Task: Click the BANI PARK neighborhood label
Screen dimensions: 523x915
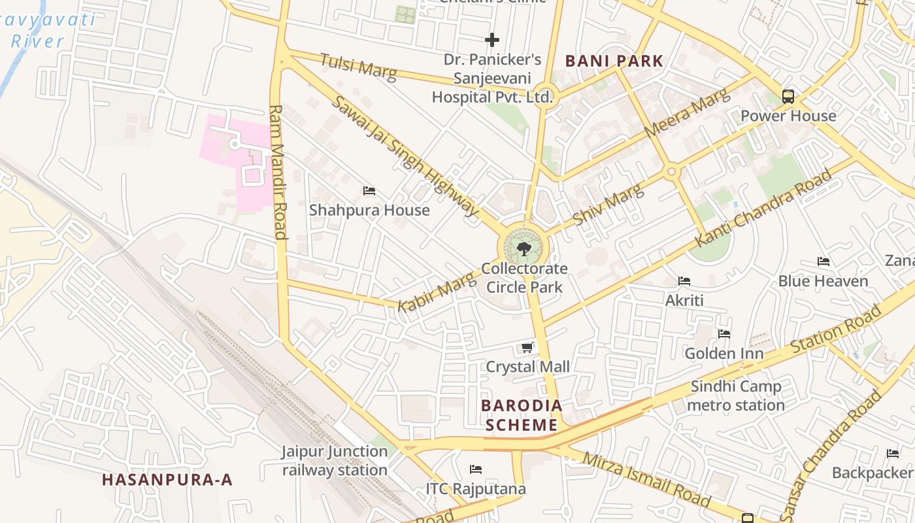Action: (614, 61)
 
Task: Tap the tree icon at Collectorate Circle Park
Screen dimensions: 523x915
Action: (524, 248)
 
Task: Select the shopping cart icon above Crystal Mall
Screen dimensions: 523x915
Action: (527, 347)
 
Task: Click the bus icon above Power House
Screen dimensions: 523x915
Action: (788, 97)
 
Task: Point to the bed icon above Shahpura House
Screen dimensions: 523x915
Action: (369, 191)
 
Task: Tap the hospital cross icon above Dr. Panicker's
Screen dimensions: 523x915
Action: (492, 40)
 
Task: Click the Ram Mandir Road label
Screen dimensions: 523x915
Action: (278, 173)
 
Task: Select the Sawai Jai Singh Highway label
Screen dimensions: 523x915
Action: (405, 156)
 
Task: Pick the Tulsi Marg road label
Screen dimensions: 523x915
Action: (358, 67)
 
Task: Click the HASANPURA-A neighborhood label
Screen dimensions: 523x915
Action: (167, 479)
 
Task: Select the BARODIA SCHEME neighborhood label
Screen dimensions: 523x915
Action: (522, 415)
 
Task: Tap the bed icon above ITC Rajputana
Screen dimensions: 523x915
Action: (476, 469)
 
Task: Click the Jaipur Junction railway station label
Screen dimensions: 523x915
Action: (335, 460)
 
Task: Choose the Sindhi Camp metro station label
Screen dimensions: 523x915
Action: (735, 396)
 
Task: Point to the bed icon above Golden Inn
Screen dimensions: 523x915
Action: (724, 334)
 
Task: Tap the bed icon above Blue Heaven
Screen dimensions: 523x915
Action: (823, 261)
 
